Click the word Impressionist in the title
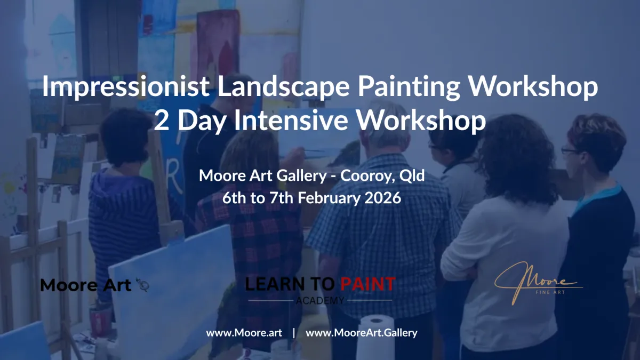(126, 87)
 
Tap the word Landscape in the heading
(283, 87)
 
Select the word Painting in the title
(409, 87)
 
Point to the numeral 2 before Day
(161, 121)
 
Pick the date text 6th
(234, 198)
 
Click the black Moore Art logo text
(86, 285)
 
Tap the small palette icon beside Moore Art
(142, 285)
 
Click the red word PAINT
(368, 284)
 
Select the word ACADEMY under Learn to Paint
(320, 301)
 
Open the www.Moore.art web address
(244, 333)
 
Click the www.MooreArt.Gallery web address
(362, 333)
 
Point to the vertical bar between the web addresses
(294, 333)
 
